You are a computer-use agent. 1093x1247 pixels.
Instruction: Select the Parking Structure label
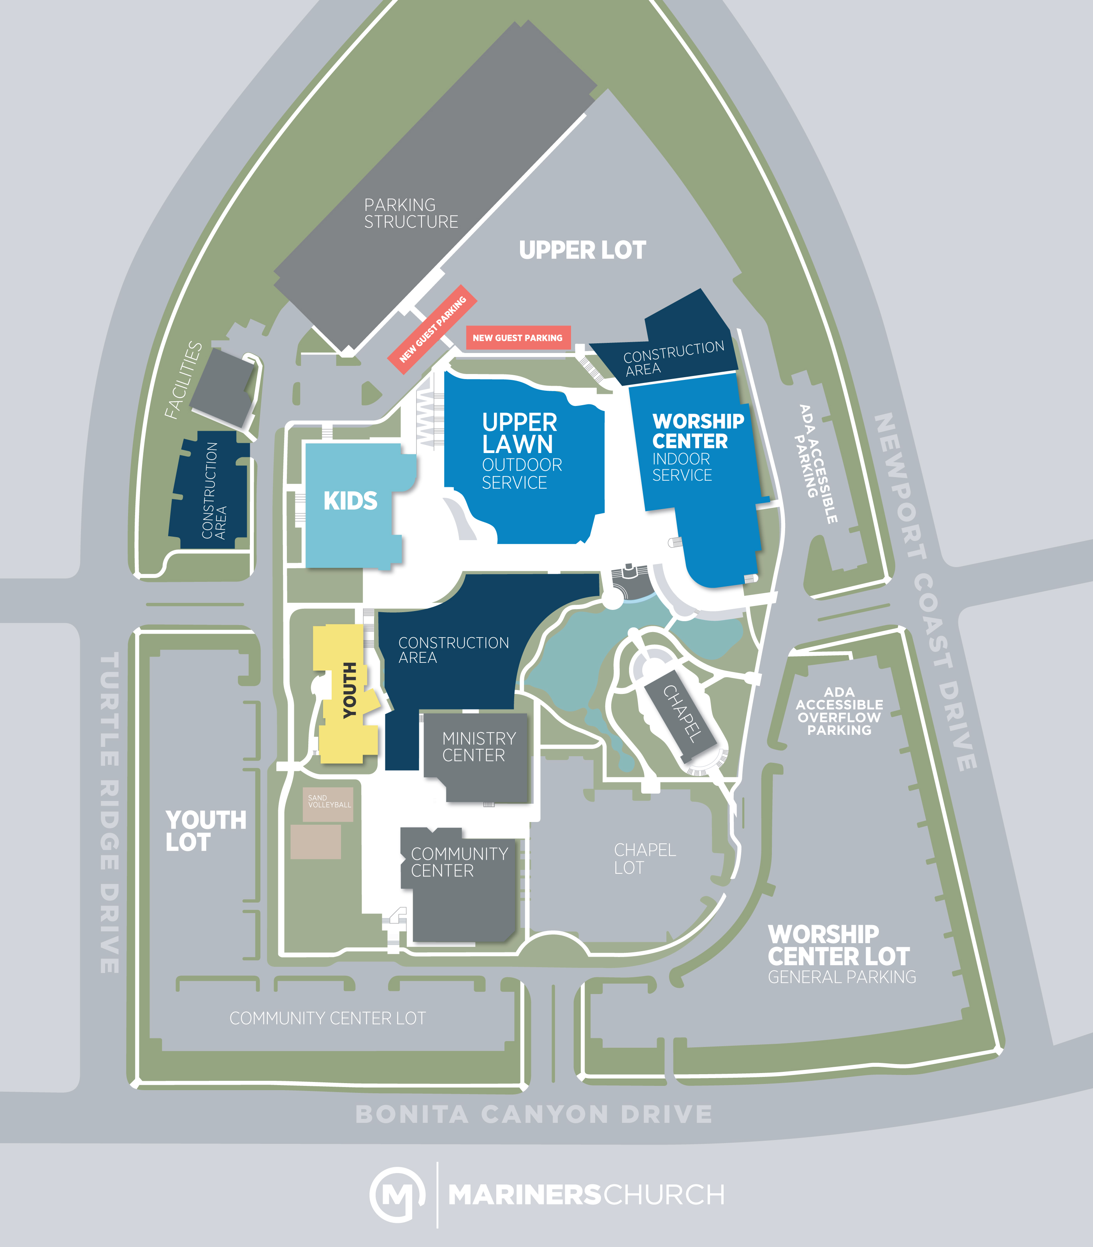(x=411, y=213)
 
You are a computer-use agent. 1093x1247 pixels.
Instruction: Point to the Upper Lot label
(x=582, y=250)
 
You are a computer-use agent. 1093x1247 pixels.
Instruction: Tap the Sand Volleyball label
(x=329, y=801)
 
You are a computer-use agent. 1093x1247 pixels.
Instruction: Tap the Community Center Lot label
(x=327, y=1018)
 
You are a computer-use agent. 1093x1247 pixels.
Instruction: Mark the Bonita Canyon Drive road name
(x=534, y=1114)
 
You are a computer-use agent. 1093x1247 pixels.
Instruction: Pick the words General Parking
(x=842, y=977)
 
